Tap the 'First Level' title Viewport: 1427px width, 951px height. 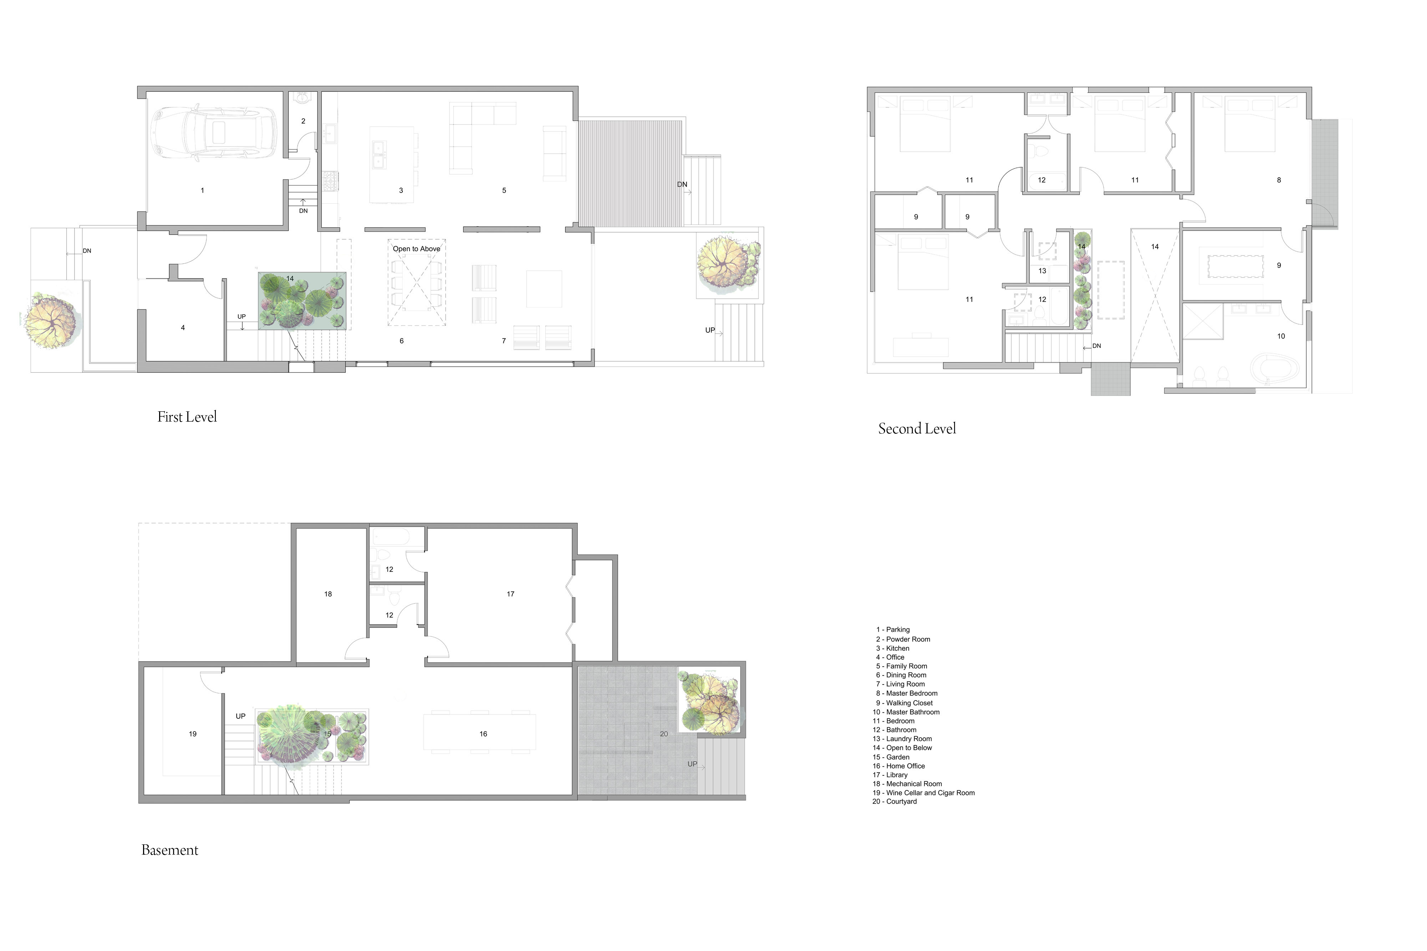pos(187,417)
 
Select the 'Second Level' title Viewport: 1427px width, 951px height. pos(916,429)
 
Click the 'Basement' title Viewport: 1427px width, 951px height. pos(170,850)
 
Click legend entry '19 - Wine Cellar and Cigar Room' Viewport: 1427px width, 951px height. pos(923,793)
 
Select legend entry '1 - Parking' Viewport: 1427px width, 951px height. pos(892,630)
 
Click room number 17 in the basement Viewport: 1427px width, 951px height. pos(510,594)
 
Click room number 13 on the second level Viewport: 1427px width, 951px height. pos(1042,271)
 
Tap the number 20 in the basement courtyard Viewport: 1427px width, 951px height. pos(664,734)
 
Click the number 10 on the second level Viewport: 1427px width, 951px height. pos(1281,336)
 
